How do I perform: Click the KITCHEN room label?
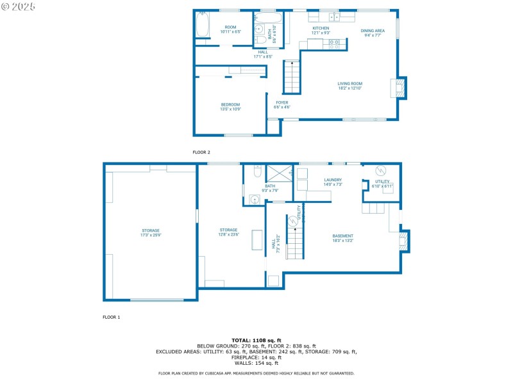[321, 28]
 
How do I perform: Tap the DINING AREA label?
[373, 31]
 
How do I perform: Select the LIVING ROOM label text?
[350, 83]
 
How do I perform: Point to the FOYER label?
[282, 102]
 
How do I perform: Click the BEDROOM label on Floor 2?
[230, 104]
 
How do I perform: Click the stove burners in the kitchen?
[334, 44]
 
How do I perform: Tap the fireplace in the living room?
[399, 88]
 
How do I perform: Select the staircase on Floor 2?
[292, 77]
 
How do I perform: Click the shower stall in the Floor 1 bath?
[279, 173]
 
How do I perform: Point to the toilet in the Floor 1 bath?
[256, 172]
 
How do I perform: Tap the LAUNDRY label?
[333, 180]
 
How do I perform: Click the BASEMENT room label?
[342, 236]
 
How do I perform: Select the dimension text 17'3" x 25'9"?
[151, 235]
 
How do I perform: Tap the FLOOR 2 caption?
[201, 152]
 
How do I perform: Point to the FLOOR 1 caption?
[112, 317]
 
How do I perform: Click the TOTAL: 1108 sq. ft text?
[256, 340]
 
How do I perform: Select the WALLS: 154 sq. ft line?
[256, 363]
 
